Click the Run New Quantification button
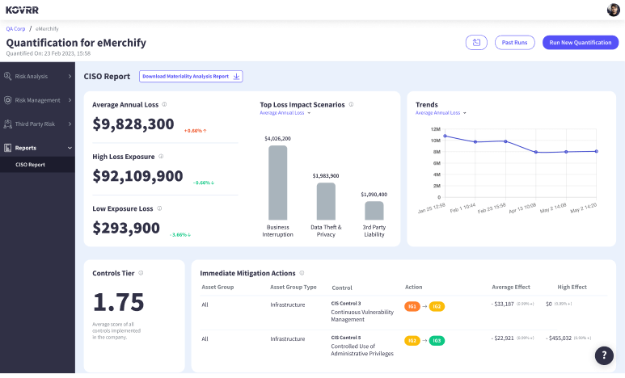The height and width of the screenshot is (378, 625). pos(580,42)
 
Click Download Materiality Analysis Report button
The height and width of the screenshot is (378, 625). pos(191,76)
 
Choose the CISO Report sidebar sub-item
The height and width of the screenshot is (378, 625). pos(31,165)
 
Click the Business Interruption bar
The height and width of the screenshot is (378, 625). pos(277,182)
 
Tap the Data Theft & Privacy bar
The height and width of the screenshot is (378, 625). pos(326,201)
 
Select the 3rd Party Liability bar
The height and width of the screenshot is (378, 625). pos(374,210)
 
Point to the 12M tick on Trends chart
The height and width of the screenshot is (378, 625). pos(435,129)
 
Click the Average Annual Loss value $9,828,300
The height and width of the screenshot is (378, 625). pos(133,124)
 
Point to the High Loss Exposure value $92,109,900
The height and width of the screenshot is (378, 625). pos(137,176)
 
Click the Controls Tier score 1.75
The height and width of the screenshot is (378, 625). pos(118,302)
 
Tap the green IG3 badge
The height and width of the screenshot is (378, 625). pos(437,340)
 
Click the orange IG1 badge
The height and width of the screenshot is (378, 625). pos(412,306)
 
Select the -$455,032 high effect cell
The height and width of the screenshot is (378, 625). pos(564,338)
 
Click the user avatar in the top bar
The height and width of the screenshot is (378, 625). pos(613,10)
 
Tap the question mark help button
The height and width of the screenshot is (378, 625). pos(604,355)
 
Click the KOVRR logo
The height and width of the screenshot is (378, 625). pos(22,10)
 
